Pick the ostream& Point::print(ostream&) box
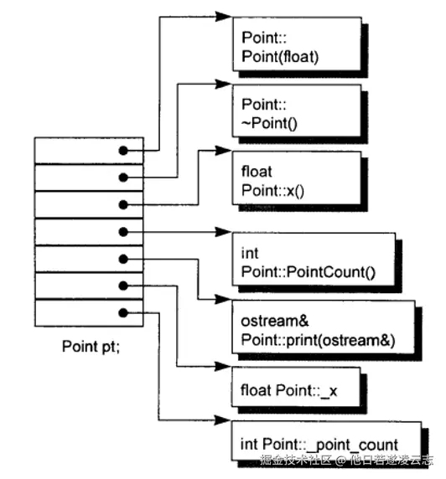[x=327, y=330]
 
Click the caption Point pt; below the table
[x=91, y=345]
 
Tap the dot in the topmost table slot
[x=123, y=151]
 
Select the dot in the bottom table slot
[x=123, y=312]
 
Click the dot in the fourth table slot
[x=123, y=231]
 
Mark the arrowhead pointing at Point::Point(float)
[x=225, y=16]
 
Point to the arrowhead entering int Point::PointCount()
[x=225, y=230]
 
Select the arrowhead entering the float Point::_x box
[x=225, y=366]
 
